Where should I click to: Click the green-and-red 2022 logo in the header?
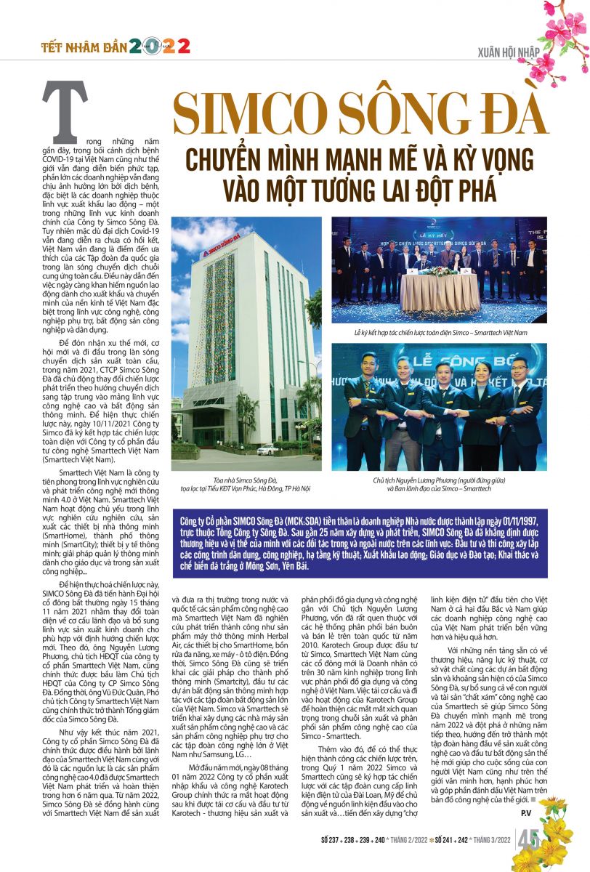[x=160, y=47]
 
